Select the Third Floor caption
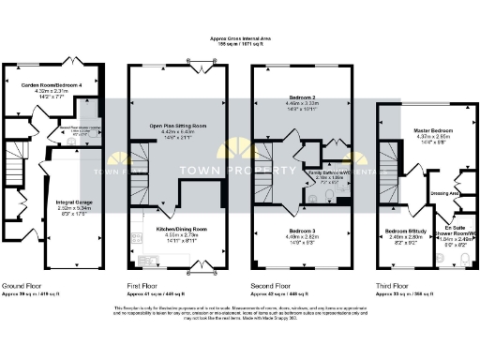392,285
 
